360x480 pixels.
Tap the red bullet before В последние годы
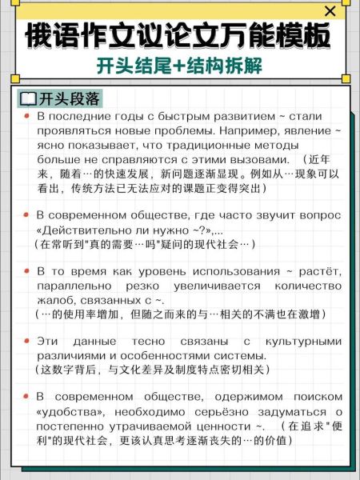click(x=26, y=117)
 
